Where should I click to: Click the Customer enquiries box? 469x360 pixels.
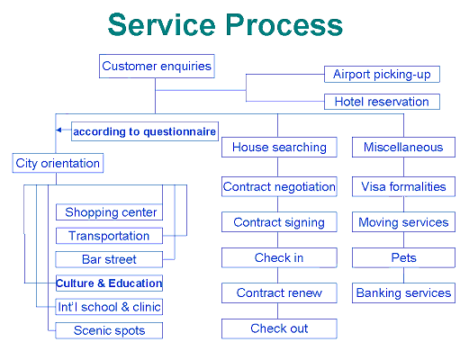point(157,66)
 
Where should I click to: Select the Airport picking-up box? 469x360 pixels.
point(382,74)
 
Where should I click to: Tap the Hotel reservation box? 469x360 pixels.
point(382,102)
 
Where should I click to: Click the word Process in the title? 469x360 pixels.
point(284,25)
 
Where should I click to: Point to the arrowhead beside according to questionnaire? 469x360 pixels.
point(59,130)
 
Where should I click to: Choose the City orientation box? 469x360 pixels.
point(58,163)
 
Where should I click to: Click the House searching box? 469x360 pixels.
point(279,148)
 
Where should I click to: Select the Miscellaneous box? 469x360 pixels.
point(403,148)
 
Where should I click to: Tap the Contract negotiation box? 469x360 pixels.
point(279,186)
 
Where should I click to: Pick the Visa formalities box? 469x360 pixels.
point(403,186)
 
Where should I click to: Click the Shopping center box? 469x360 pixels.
point(109,212)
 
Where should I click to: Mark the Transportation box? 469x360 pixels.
point(109,236)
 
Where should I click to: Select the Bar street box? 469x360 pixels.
point(109,259)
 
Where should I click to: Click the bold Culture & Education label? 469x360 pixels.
point(109,283)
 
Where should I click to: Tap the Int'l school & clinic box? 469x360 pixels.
point(109,307)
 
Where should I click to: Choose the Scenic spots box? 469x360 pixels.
point(109,330)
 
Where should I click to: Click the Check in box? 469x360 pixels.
point(279,257)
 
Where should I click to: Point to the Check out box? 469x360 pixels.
point(279,328)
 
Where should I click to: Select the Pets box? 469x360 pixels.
point(403,257)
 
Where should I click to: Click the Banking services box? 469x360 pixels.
point(403,292)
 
